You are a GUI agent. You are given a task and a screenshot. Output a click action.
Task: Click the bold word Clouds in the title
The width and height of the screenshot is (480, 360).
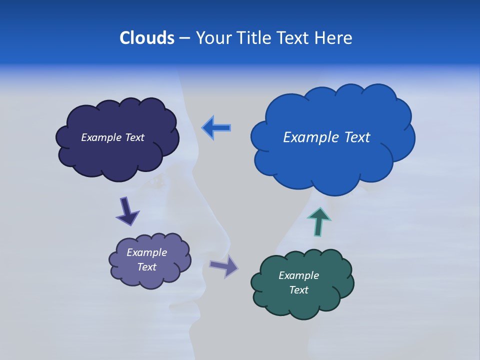click(147, 38)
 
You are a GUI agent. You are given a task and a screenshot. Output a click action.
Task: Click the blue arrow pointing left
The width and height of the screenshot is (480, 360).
click(216, 127)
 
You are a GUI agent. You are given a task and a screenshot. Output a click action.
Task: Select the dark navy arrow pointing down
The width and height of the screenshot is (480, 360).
click(127, 211)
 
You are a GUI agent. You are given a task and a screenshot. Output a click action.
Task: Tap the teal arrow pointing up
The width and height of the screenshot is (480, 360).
click(318, 221)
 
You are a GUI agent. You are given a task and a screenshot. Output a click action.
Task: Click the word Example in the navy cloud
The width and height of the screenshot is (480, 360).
click(101, 137)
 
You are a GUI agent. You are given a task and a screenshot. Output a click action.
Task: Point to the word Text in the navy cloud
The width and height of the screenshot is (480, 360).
click(134, 137)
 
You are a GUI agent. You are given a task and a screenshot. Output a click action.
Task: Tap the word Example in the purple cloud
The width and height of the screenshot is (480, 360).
click(146, 252)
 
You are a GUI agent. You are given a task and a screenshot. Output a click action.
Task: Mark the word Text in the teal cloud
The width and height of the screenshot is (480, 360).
click(298, 290)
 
